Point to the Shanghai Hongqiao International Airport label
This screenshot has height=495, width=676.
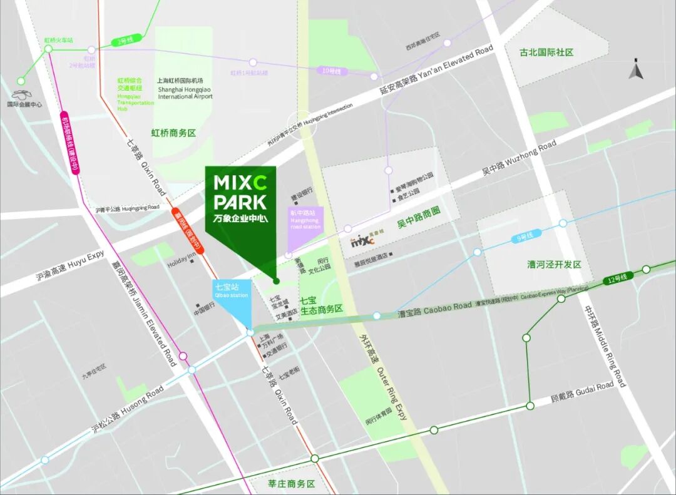(x=185, y=93)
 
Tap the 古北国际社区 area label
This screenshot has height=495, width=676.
(x=546, y=53)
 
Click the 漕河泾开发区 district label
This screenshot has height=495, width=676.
(x=554, y=265)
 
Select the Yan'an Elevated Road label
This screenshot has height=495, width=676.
(x=437, y=67)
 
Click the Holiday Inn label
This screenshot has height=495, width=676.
(x=182, y=264)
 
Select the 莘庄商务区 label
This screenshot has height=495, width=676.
(x=291, y=484)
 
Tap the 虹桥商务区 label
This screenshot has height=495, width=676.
(x=174, y=133)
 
